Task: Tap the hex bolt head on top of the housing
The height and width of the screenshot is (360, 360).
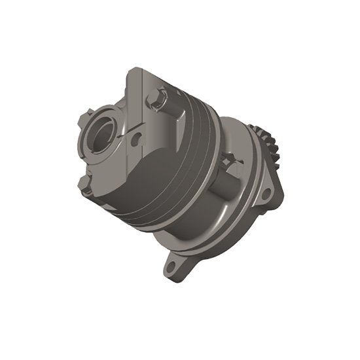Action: [156, 99]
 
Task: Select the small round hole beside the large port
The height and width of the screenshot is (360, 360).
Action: [135, 139]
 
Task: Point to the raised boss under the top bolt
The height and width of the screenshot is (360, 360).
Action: [168, 118]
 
